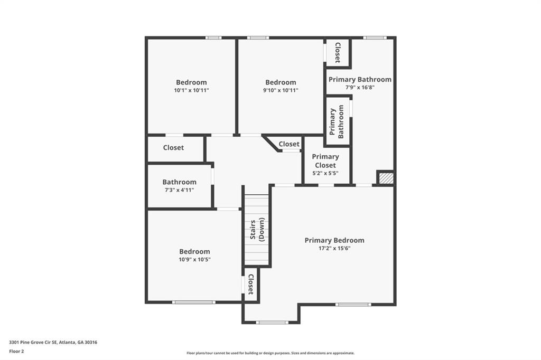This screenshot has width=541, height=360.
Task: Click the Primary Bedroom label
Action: pos(334,240)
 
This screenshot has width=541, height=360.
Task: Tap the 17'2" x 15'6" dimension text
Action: pos(334,248)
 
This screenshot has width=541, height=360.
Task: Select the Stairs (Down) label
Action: pos(257,230)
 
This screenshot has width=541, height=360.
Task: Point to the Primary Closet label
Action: pos(325,160)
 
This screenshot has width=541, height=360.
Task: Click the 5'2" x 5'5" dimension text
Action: pos(325,173)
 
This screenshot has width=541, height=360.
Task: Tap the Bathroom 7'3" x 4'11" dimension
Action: pos(179,190)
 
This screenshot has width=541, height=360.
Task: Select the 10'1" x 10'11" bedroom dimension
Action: pos(191,90)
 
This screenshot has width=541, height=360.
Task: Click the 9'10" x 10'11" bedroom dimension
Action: pos(281,90)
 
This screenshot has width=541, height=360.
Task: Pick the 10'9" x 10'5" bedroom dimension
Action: pos(194,260)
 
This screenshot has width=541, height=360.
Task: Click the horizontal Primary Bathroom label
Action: pos(360,79)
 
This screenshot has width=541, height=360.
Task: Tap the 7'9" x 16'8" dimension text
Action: pos(360,88)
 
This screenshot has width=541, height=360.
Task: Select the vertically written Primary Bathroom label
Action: pos(337,121)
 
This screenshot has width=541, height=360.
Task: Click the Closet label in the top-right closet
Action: pos(337,53)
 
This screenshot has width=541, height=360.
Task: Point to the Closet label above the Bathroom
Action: pos(173,148)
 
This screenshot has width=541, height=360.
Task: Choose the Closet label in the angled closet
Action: pos(289,144)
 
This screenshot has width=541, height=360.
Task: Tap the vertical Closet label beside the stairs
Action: pos(251,285)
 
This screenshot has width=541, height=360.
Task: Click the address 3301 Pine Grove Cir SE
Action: pos(53,342)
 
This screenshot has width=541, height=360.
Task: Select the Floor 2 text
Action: pos(17,351)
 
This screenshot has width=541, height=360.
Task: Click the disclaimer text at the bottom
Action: pos(270,353)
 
